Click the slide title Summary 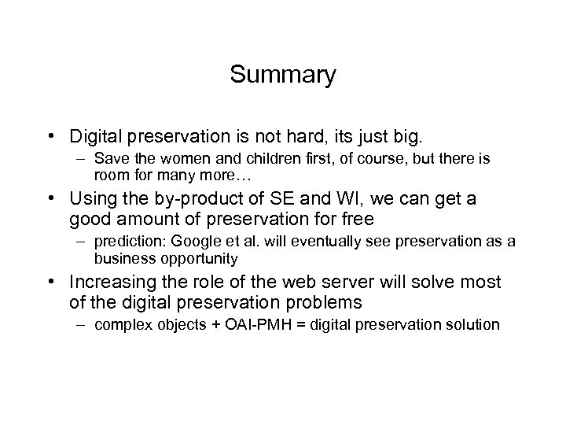[x=283, y=75]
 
